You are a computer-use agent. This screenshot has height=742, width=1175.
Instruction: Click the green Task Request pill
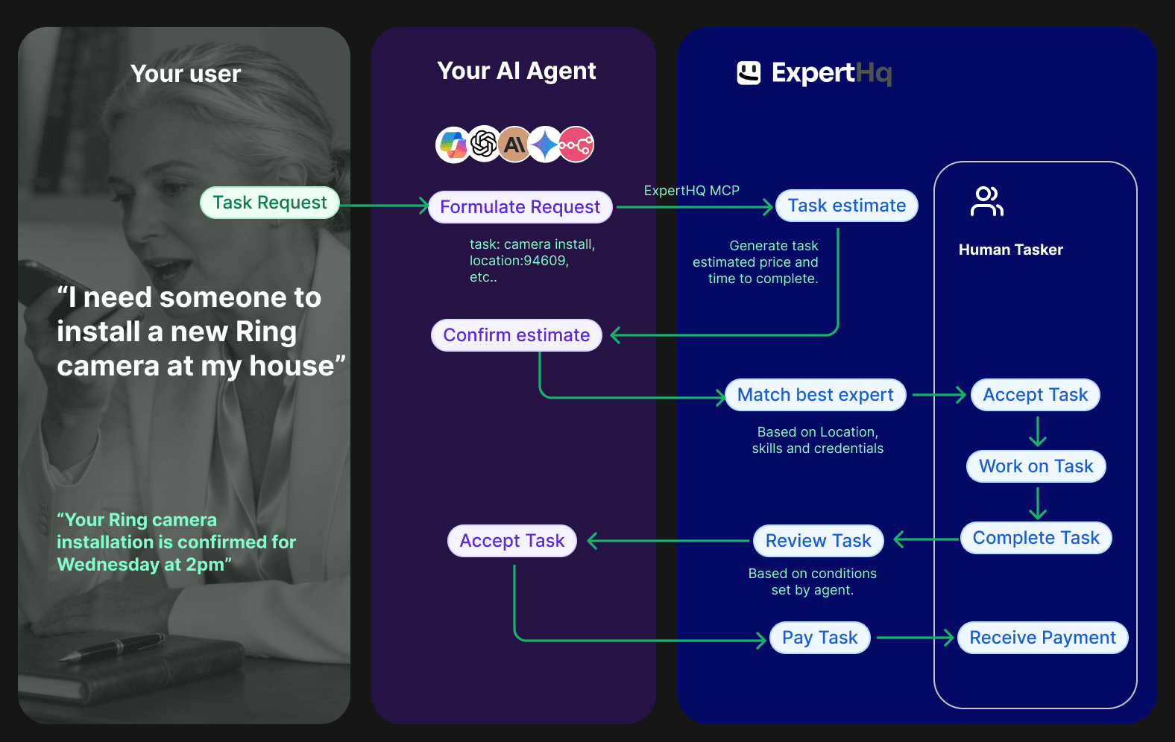coord(270,203)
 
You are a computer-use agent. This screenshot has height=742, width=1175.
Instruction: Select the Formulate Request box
coord(520,207)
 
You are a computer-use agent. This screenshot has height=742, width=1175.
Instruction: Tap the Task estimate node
coord(846,206)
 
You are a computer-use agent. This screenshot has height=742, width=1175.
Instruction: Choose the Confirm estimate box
coord(516,335)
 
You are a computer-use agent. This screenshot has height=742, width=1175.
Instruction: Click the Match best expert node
coord(815,395)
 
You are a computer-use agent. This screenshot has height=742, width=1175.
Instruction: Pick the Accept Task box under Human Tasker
coord(1035,395)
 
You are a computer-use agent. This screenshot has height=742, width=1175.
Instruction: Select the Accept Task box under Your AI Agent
coord(511,541)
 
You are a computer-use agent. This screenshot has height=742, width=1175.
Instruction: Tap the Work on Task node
coord(1036,466)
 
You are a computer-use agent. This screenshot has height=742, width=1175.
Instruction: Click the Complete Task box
coord(1036,538)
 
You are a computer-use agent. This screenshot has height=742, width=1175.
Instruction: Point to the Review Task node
coord(818,541)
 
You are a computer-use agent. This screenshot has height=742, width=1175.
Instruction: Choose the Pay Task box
coord(819,638)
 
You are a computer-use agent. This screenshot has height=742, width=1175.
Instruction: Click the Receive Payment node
coord(1042,638)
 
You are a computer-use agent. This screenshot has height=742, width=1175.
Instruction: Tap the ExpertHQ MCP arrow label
coord(691,191)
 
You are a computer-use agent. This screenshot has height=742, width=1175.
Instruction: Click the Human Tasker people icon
coord(986,201)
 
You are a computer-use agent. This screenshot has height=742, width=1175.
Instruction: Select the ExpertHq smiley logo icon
coord(749,73)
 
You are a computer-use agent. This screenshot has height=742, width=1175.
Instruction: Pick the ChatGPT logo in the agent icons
coord(484,144)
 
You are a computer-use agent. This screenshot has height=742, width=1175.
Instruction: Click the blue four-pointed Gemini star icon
coord(545,145)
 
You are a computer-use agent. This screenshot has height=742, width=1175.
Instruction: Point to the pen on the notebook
coord(112,647)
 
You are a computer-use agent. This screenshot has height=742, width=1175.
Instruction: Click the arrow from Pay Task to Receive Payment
coord(914,638)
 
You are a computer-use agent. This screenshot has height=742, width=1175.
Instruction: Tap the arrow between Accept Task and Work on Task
coord(1037,431)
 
